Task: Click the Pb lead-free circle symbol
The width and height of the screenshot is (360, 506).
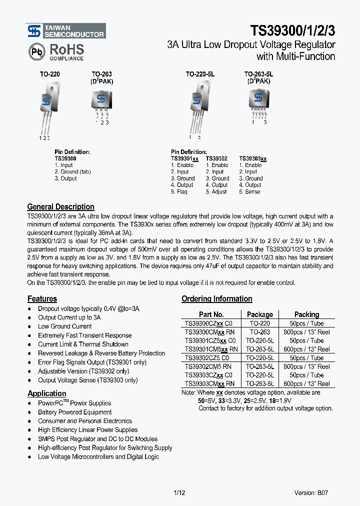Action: (36, 51)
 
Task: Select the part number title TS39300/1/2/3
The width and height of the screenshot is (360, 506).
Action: (292, 30)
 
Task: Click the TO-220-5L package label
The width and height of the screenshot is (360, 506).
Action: (200, 74)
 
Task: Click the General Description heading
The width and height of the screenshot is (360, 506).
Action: (60, 207)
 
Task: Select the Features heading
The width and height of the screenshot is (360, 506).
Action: (42, 299)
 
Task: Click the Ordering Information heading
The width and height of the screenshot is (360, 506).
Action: (216, 299)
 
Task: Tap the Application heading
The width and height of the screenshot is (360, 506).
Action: (46, 393)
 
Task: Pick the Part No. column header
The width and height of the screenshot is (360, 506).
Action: (211, 314)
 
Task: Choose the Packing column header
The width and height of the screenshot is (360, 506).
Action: (306, 314)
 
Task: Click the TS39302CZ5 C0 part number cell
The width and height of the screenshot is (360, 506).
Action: (207, 358)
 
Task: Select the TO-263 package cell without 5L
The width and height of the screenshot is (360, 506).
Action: (260, 332)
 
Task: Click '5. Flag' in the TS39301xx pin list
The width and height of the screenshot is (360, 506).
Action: (179, 192)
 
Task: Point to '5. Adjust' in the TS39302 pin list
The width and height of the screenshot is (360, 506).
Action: (216, 192)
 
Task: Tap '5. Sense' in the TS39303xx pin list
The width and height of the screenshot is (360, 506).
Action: (249, 192)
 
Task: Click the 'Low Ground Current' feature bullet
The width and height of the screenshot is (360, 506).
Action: (65, 326)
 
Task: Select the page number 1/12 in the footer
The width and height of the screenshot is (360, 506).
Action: (178, 493)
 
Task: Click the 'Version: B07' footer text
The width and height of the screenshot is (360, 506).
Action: (311, 493)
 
